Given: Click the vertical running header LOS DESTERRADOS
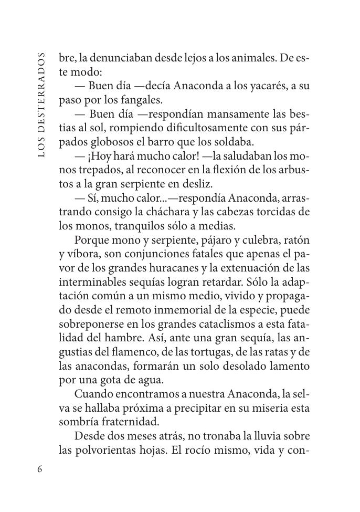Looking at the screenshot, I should point(42,105).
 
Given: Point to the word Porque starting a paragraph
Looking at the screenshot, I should point(91,240).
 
